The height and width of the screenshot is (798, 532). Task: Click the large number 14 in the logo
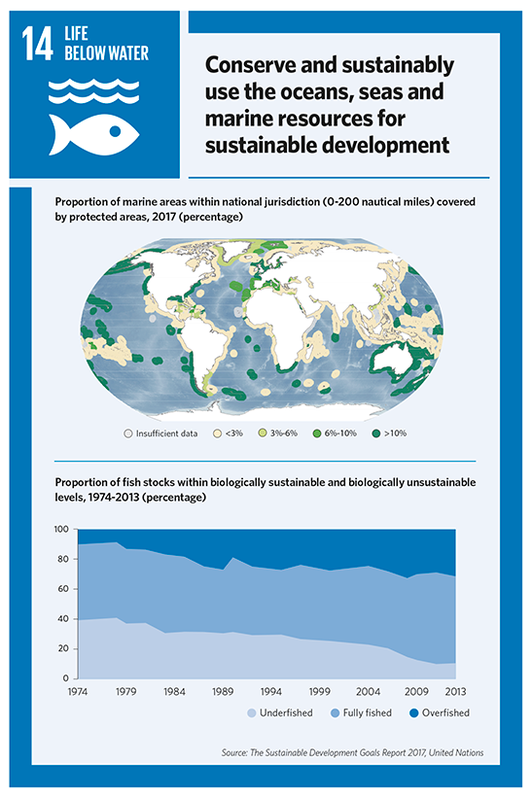click(37, 45)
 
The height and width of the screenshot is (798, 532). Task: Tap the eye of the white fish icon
click(115, 131)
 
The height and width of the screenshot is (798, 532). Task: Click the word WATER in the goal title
click(125, 52)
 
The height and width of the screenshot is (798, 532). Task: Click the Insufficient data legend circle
click(128, 434)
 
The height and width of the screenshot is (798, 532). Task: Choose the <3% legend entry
click(230, 434)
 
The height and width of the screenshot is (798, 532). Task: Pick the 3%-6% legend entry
click(278, 434)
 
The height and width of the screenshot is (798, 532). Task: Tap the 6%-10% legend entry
click(335, 434)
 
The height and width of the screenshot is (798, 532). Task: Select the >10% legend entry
click(389, 434)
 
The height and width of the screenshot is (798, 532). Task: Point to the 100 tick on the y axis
click(61, 530)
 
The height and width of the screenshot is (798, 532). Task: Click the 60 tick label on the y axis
click(62, 589)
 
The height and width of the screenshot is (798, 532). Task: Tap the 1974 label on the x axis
click(78, 692)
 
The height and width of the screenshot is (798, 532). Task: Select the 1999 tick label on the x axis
click(320, 692)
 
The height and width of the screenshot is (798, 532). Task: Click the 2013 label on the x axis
click(455, 692)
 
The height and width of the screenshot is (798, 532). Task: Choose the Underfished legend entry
click(280, 713)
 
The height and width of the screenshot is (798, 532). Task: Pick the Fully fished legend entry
click(361, 713)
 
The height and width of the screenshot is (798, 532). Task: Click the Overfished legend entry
click(440, 713)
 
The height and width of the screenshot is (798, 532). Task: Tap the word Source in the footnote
click(234, 752)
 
